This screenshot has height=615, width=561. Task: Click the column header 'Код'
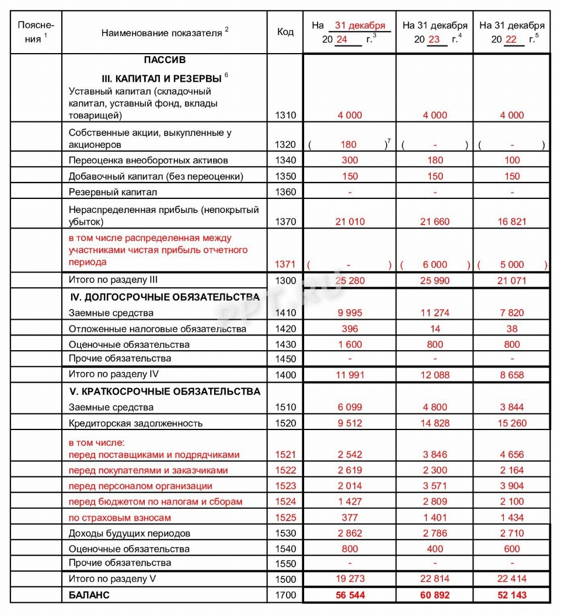pyautogui.click(x=285, y=32)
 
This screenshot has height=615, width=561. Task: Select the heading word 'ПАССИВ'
pyautogui.click(x=165, y=60)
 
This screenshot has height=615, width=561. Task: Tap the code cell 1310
pyautogui.click(x=285, y=116)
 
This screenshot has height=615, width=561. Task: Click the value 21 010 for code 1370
pyautogui.click(x=350, y=222)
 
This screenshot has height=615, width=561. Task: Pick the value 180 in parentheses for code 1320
pyautogui.click(x=349, y=145)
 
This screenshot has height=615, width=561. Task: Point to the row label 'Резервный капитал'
pyautogui.click(x=113, y=192)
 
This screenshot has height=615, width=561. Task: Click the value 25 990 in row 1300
pyautogui.click(x=435, y=281)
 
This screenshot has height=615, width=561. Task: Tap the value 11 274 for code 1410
pyautogui.click(x=435, y=313)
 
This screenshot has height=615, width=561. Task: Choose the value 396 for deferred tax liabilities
pyautogui.click(x=350, y=329)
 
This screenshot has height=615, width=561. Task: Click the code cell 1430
pyautogui.click(x=285, y=345)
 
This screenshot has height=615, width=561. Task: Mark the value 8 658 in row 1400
pyautogui.click(x=512, y=375)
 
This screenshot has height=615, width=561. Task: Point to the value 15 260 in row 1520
pyautogui.click(x=512, y=423)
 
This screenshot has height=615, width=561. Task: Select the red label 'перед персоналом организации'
pyautogui.click(x=140, y=486)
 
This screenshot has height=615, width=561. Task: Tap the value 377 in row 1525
pyautogui.click(x=350, y=518)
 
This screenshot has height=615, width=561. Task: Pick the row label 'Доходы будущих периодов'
pyautogui.click(x=129, y=533)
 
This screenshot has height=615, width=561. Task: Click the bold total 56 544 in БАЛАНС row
pyautogui.click(x=350, y=595)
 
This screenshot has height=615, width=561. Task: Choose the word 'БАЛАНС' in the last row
pyautogui.click(x=89, y=595)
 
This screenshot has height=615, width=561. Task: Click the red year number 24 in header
pyautogui.click(x=342, y=40)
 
